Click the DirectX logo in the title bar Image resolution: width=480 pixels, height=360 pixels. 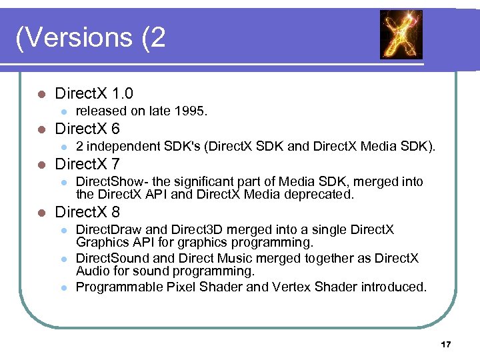[401, 35]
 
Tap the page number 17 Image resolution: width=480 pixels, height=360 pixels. [446, 344]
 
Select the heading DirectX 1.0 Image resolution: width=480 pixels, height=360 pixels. [94, 93]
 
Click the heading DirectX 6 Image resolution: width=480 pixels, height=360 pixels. [87, 129]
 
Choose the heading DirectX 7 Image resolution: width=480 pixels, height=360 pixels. [87, 164]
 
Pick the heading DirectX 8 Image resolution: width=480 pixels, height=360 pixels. [87, 213]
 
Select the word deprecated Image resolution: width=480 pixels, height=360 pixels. [327, 195]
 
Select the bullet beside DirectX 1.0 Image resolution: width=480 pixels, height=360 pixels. [42, 94]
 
